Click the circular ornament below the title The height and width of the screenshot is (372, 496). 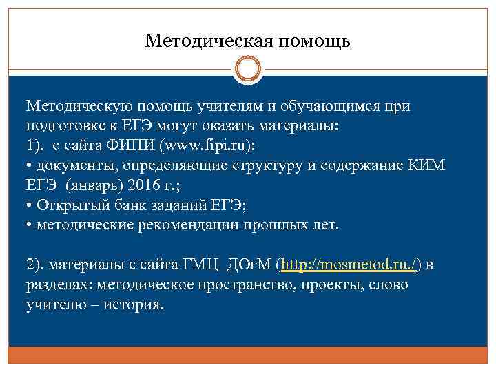click(x=248, y=71)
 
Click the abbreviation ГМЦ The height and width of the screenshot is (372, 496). click(x=194, y=265)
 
